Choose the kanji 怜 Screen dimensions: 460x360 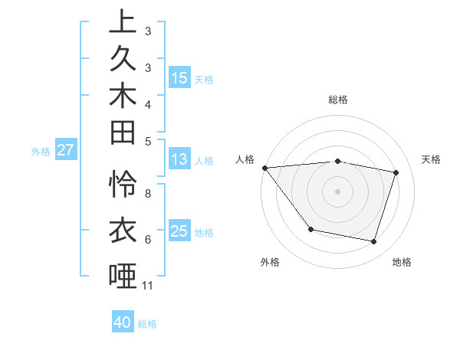[123, 184]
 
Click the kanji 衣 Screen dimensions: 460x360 [123, 229]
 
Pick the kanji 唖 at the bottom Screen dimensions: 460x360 [123, 275]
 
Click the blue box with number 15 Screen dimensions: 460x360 [179, 78]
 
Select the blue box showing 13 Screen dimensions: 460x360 [179, 160]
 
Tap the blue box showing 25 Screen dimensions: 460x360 [179, 231]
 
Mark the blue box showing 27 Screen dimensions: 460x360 [65, 150]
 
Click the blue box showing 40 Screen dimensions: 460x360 [123, 322]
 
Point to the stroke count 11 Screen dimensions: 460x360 [147, 286]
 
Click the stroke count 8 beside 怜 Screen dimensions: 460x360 [147, 194]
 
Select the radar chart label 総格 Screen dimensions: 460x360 [338, 100]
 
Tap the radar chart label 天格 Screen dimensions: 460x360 [431, 159]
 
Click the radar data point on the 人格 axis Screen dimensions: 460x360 [264, 167]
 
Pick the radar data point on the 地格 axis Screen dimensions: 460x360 [373, 241]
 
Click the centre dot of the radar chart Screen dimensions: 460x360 [337, 191]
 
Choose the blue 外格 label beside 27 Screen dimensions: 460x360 [41, 151]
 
